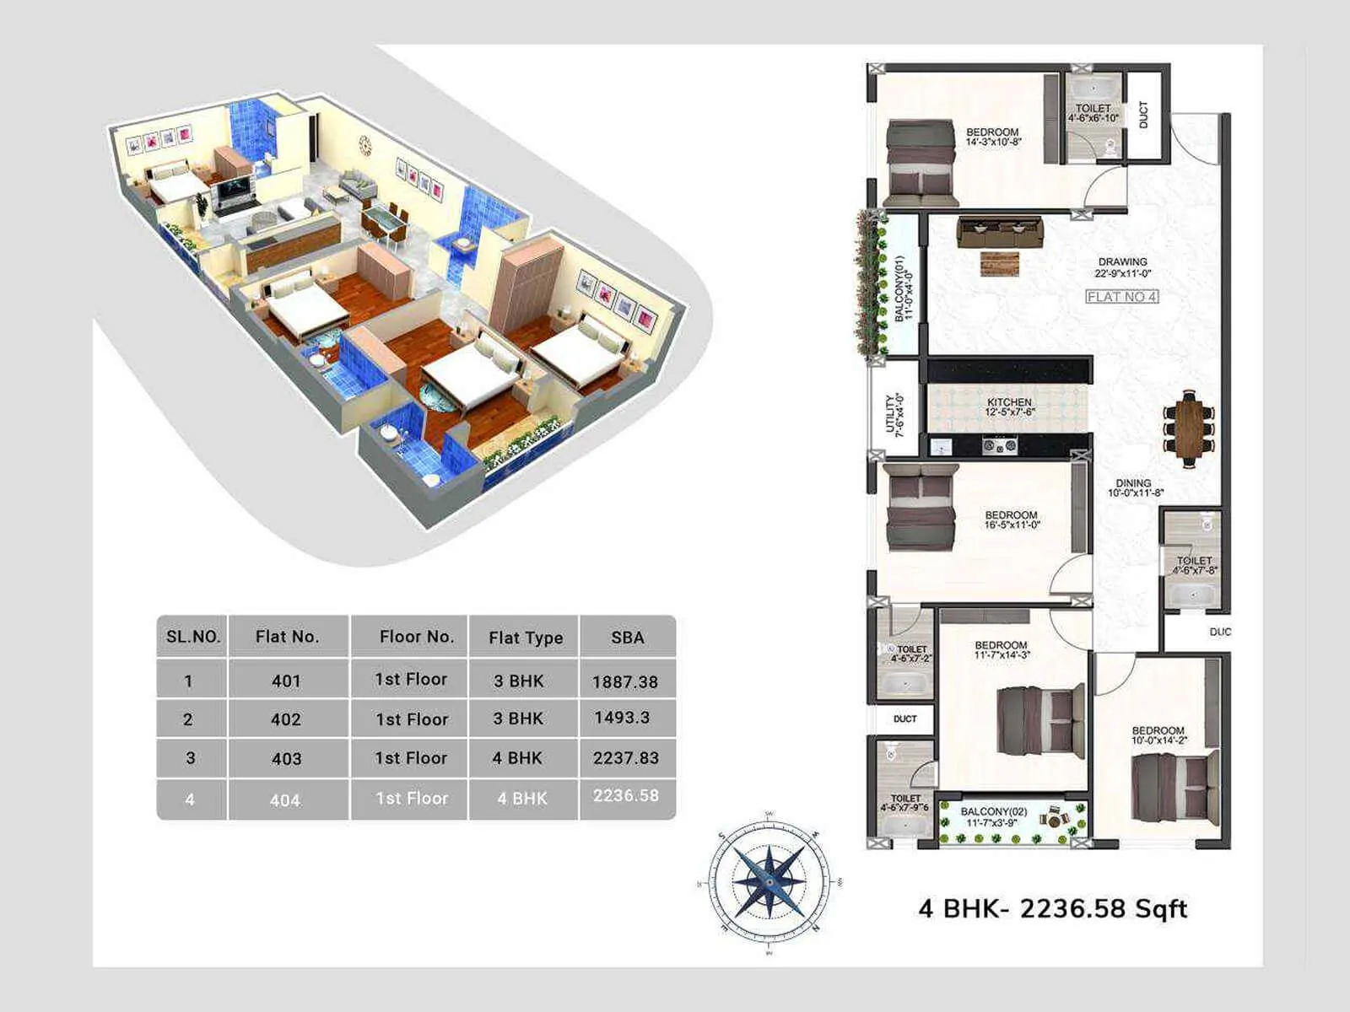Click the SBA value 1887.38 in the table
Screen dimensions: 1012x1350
[625, 681]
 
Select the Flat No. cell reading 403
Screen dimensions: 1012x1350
[287, 758]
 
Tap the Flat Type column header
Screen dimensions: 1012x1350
[526, 638]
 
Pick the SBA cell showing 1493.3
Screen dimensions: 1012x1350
[622, 718]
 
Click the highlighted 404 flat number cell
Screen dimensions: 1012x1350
[285, 799]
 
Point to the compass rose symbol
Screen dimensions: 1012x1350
[768, 880]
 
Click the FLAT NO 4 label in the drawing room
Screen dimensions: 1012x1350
[1121, 297]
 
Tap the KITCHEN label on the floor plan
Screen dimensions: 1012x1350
[1009, 407]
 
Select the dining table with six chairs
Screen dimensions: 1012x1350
[1190, 428]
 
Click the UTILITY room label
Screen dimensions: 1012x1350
[894, 414]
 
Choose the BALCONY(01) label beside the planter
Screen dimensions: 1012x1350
[904, 288]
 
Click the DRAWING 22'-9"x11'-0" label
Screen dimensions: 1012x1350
[1122, 267]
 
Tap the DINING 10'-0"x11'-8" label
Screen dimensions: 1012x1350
[1135, 488]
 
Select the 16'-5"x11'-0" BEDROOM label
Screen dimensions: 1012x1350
[1011, 519]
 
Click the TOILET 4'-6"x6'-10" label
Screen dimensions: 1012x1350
[1093, 113]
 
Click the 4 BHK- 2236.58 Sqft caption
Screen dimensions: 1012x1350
[1052, 908]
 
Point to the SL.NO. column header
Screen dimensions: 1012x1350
[193, 637]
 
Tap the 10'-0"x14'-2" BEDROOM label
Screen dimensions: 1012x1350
[1158, 735]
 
